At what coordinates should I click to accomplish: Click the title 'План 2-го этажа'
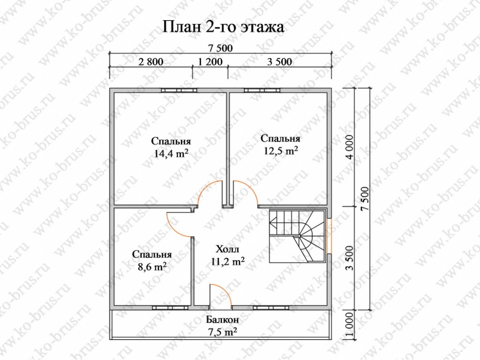[223, 27]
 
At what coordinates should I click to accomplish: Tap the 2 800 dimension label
[151, 62]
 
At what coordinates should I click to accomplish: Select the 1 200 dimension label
[210, 62]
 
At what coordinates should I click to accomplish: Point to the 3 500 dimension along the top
[279, 62]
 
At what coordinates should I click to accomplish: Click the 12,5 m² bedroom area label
[280, 144]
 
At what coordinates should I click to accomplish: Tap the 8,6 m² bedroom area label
[152, 261]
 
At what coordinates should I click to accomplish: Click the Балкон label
[222, 320]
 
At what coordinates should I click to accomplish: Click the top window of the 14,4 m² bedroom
[179, 90]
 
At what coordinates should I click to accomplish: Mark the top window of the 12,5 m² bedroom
[262, 90]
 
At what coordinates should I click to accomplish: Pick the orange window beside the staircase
[329, 236]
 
